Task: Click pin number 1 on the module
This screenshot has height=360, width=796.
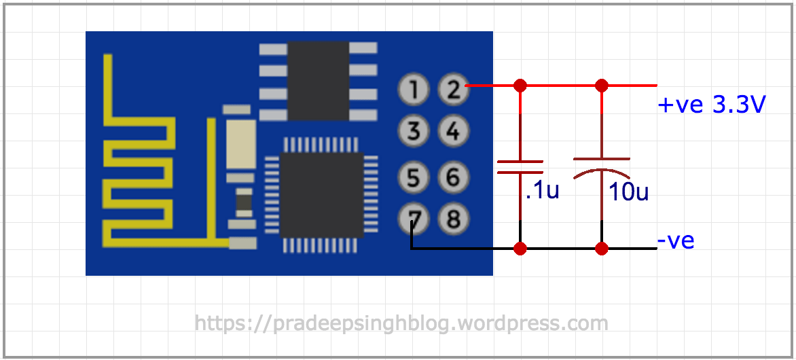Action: [414, 88]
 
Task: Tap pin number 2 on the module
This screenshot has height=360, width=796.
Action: [453, 88]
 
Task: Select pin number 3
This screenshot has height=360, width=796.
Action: [414, 130]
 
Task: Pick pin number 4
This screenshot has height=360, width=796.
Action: [453, 130]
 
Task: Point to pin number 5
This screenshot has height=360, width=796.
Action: [414, 178]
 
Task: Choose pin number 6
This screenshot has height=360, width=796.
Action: [453, 178]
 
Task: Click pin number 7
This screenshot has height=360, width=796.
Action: [414, 219]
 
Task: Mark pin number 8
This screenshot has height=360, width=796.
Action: [453, 219]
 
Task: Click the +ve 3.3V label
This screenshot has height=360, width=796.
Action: [712, 105]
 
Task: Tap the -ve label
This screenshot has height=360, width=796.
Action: [675, 241]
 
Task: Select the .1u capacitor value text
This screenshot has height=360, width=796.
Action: [542, 192]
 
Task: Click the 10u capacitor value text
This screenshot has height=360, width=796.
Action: [628, 192]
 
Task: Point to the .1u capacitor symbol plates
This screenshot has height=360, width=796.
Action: [520, 167]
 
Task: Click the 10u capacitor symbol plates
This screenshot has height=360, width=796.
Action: [602, 167]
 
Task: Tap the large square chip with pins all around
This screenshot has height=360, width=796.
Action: [321, 194]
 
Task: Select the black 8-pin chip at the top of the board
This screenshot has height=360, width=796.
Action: [318, 80]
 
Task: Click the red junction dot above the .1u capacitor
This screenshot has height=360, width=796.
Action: [520, 86]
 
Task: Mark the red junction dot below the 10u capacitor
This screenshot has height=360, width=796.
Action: [602, 249]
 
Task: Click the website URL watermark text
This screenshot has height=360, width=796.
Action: [401, 323]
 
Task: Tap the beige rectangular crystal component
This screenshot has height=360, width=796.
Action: [241, 145]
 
